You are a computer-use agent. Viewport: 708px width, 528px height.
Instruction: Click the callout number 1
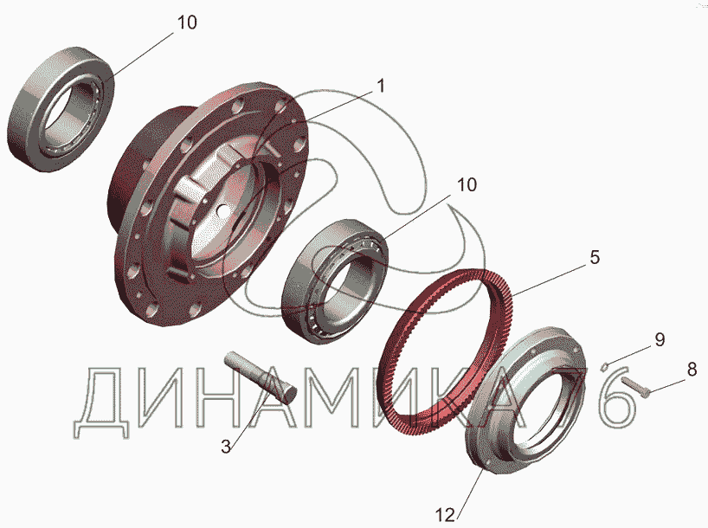(381, 86)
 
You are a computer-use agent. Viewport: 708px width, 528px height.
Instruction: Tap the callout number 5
(595, 257)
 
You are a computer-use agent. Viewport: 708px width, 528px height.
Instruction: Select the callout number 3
(226, 447)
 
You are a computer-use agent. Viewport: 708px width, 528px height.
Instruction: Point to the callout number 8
(692, 370)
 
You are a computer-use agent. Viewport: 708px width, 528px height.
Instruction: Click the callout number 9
(660, 339)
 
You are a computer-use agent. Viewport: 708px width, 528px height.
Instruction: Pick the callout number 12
(445, 514)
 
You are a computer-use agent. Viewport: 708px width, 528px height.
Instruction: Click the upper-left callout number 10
(186, 23)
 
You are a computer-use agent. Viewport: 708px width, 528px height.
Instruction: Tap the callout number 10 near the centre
(467, 184)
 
